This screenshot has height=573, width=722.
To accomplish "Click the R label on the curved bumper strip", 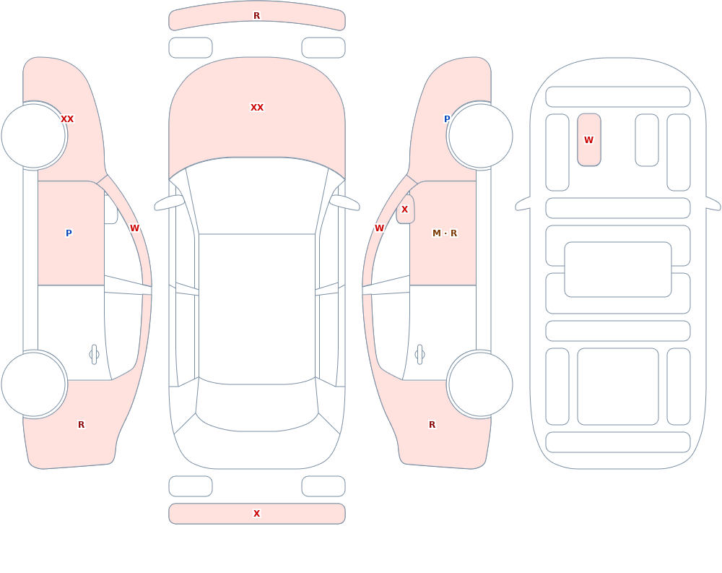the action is point(256,16).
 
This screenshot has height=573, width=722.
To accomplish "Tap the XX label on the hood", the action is point(257,108).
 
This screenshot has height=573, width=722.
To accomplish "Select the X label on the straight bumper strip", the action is point(256,514).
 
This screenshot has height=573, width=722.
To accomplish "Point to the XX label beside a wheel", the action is point(67,119).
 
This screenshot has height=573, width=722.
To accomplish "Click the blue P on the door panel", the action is point(69,233).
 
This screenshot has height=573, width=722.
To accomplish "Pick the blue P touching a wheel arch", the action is point(447,119).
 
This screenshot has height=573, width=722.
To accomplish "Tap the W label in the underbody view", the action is point(588,140).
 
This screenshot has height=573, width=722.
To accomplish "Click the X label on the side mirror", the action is point(405,210).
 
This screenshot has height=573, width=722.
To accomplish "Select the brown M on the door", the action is point(437,233).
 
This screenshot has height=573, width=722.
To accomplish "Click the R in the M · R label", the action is point(453,233).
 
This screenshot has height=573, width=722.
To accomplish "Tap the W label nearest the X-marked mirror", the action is point(379,228).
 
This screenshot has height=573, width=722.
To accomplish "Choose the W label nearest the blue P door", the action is point(134,228).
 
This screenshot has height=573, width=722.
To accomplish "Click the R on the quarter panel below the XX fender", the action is point(81,425).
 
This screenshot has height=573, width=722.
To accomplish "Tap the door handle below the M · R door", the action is point(419,355).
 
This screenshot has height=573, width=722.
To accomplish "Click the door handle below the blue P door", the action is point(94,355).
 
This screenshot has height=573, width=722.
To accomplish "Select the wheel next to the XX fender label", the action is point(34,136).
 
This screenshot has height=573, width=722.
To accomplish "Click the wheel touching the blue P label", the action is point(480,136).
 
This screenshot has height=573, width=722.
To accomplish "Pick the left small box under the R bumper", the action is point(190,48).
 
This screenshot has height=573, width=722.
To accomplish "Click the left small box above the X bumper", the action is point(190,486).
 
